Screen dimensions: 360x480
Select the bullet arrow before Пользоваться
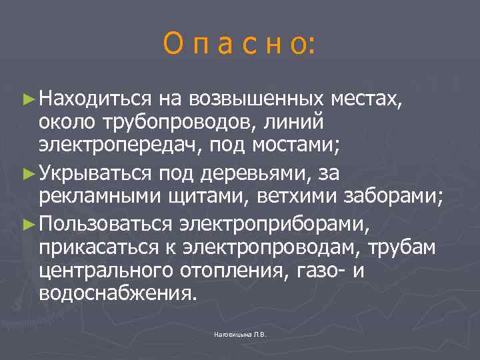(x=27, y=221)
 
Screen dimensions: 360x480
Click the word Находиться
(x=96, y=99)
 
